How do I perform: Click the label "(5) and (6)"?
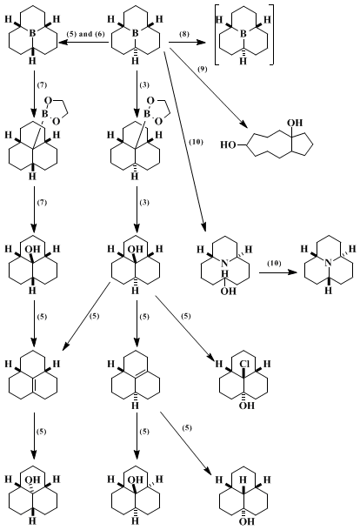tap(86, 34)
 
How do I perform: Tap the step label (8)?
tap(184, 34)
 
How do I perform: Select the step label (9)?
tap(203, 69)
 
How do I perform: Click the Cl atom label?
tap(243, 364)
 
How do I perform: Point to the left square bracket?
tap(216, 35)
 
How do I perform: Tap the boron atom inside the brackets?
tap(243, 33)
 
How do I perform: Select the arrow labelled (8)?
tap(187, 43)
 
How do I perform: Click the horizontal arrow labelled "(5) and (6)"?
tap(83, 43)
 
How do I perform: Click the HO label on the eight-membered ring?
tap(229, 145)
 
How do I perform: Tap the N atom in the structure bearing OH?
tap(225, 264)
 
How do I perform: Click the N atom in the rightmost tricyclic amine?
tap(329, 263)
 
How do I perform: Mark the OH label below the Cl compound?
tap(246, 405)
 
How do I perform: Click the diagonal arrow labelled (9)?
tap(210, 89)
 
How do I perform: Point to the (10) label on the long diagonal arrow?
tap(197, 142)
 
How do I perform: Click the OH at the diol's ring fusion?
tap(295, 123)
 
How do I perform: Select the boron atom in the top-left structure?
tap(32, 33)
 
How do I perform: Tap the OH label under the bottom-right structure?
tap(246, 521)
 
